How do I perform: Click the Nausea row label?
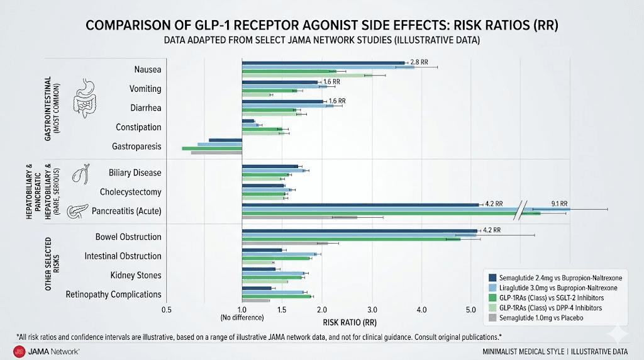(147, 69)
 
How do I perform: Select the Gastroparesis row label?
(136, 146)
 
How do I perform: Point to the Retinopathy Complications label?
(113, 295)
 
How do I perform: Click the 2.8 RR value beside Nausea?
(419, 62)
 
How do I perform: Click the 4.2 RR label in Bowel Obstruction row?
(491, 230)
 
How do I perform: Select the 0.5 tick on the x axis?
(166, 310)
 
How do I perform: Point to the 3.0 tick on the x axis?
(372, 310)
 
